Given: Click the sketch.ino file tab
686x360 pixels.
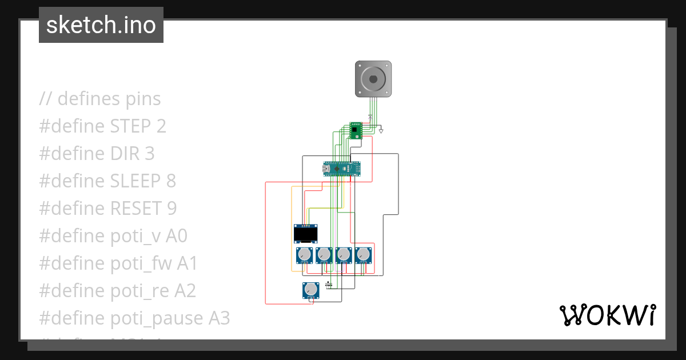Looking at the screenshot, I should (101, 25).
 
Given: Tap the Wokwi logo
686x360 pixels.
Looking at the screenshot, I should (607, 315).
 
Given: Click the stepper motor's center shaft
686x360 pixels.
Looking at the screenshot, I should (373, 78).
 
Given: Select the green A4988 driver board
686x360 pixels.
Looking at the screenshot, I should (356, 130).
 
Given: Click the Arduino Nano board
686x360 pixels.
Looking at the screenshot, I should (342, 169).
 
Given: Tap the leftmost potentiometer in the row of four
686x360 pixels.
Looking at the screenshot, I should (304, 254).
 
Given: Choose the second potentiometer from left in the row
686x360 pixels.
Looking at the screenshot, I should (324, 254).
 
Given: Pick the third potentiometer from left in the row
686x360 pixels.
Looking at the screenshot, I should (343, 254).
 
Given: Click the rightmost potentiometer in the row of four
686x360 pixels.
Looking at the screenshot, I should (362, 254).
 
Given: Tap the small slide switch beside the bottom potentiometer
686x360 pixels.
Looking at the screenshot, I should (329, 284).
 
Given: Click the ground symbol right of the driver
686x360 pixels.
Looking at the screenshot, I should (381, 131).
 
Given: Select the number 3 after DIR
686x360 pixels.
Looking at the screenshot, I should (149, 154).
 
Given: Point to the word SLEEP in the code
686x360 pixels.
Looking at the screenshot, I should (135, 181).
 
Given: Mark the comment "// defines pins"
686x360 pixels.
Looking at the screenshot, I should (100, 99).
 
